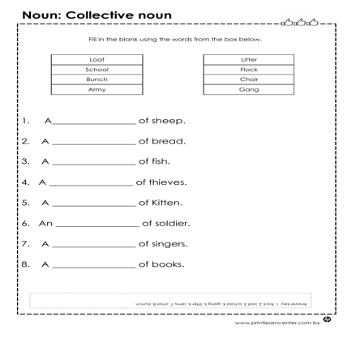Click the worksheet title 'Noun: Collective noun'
click(96, 15)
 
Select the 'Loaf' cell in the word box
click(96, 59)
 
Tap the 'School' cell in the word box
click(96, 70)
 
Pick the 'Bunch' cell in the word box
click(96, 79)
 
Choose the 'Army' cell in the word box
click(96, 90)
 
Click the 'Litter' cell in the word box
click(248, 59)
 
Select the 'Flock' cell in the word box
click(248, 70)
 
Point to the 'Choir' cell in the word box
click(248, 79)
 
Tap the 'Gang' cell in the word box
click(248, 90)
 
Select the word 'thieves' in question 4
click(168, 181)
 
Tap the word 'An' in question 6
click(46, 222)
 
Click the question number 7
click(26, 242)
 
